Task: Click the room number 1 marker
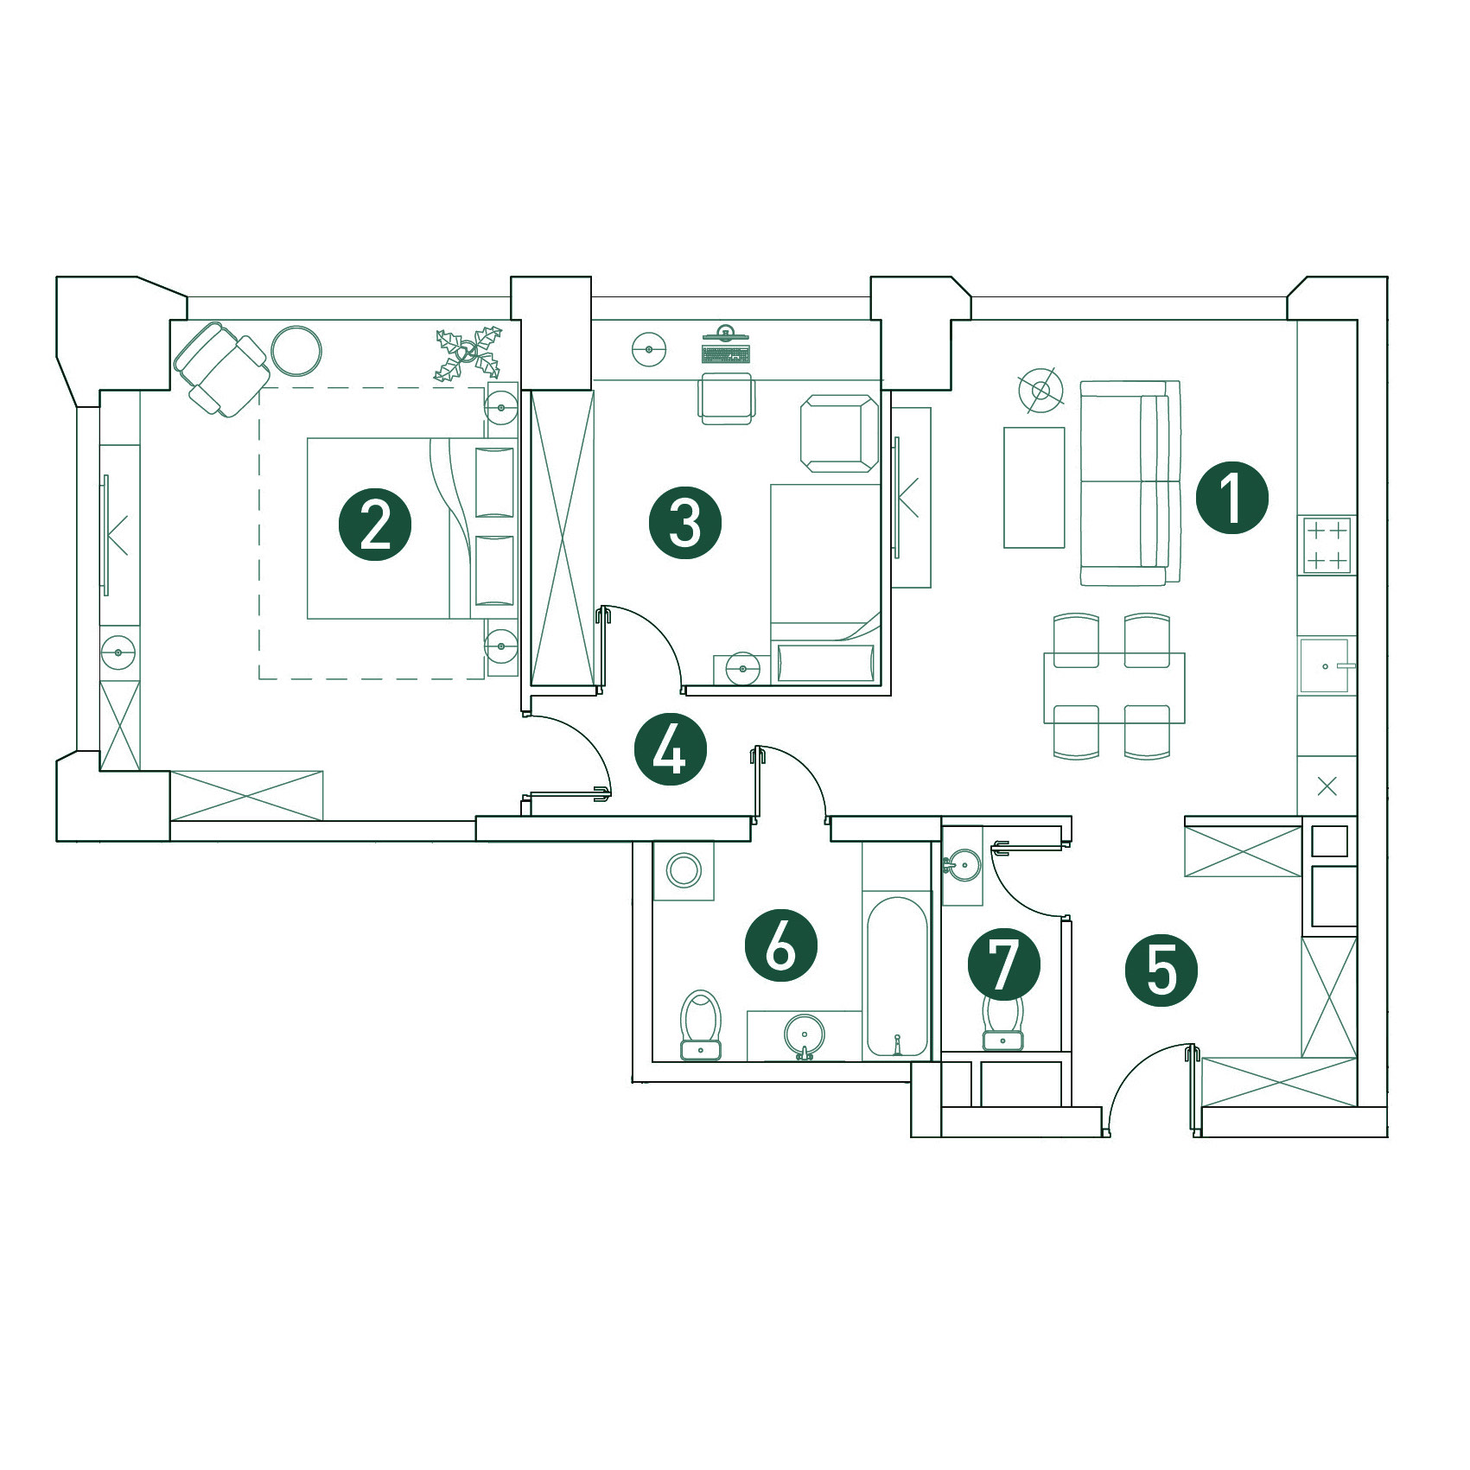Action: click(1231, 498)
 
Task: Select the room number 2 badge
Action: click(375, 525)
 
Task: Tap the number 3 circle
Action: click(685, 523)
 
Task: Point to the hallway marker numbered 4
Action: click(670, 749)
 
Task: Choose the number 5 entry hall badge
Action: click(1161, 970)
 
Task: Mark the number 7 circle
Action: click(1003, 964)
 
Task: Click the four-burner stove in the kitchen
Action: click(1327, 545)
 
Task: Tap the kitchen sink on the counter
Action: click(1325, 665)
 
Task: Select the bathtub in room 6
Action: click(897, 977)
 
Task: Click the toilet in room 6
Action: click(701, 1025)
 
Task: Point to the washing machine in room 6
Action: click(684, 870)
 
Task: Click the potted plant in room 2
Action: click(468, 353)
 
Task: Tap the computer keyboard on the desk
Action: click(726, 354)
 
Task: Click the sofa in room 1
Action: click(1130, 482)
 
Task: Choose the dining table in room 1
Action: click(1114, 688)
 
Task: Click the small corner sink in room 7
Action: click(962, 864)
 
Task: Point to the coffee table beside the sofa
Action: click(1034, 487)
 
